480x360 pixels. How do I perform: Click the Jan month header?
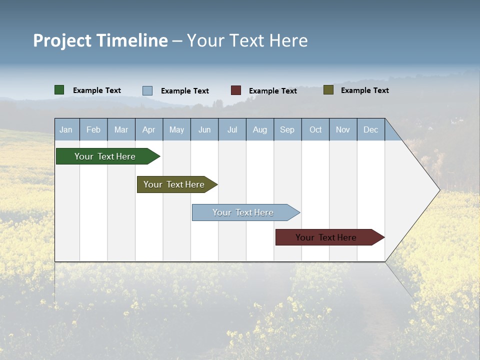coord(66,129)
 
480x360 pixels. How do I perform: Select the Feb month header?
coord(93,129)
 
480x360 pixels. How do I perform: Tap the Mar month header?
coord(121,129)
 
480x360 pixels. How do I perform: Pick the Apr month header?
coord(149,129)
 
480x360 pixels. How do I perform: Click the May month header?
coord(176,129)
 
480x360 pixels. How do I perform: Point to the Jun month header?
coord(204,129)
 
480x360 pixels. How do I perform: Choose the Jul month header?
coord(232,129)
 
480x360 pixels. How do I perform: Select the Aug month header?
coord(260,129)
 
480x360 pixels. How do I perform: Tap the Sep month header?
coord(287,129)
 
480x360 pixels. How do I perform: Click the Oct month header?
coord(315,129)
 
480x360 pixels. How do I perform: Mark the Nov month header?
coord(343,129)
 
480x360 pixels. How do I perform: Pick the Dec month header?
coord(371,129)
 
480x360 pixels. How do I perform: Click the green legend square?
coord(59,90)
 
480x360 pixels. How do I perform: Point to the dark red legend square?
coord(236,90)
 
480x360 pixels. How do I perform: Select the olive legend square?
coord(328,90)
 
